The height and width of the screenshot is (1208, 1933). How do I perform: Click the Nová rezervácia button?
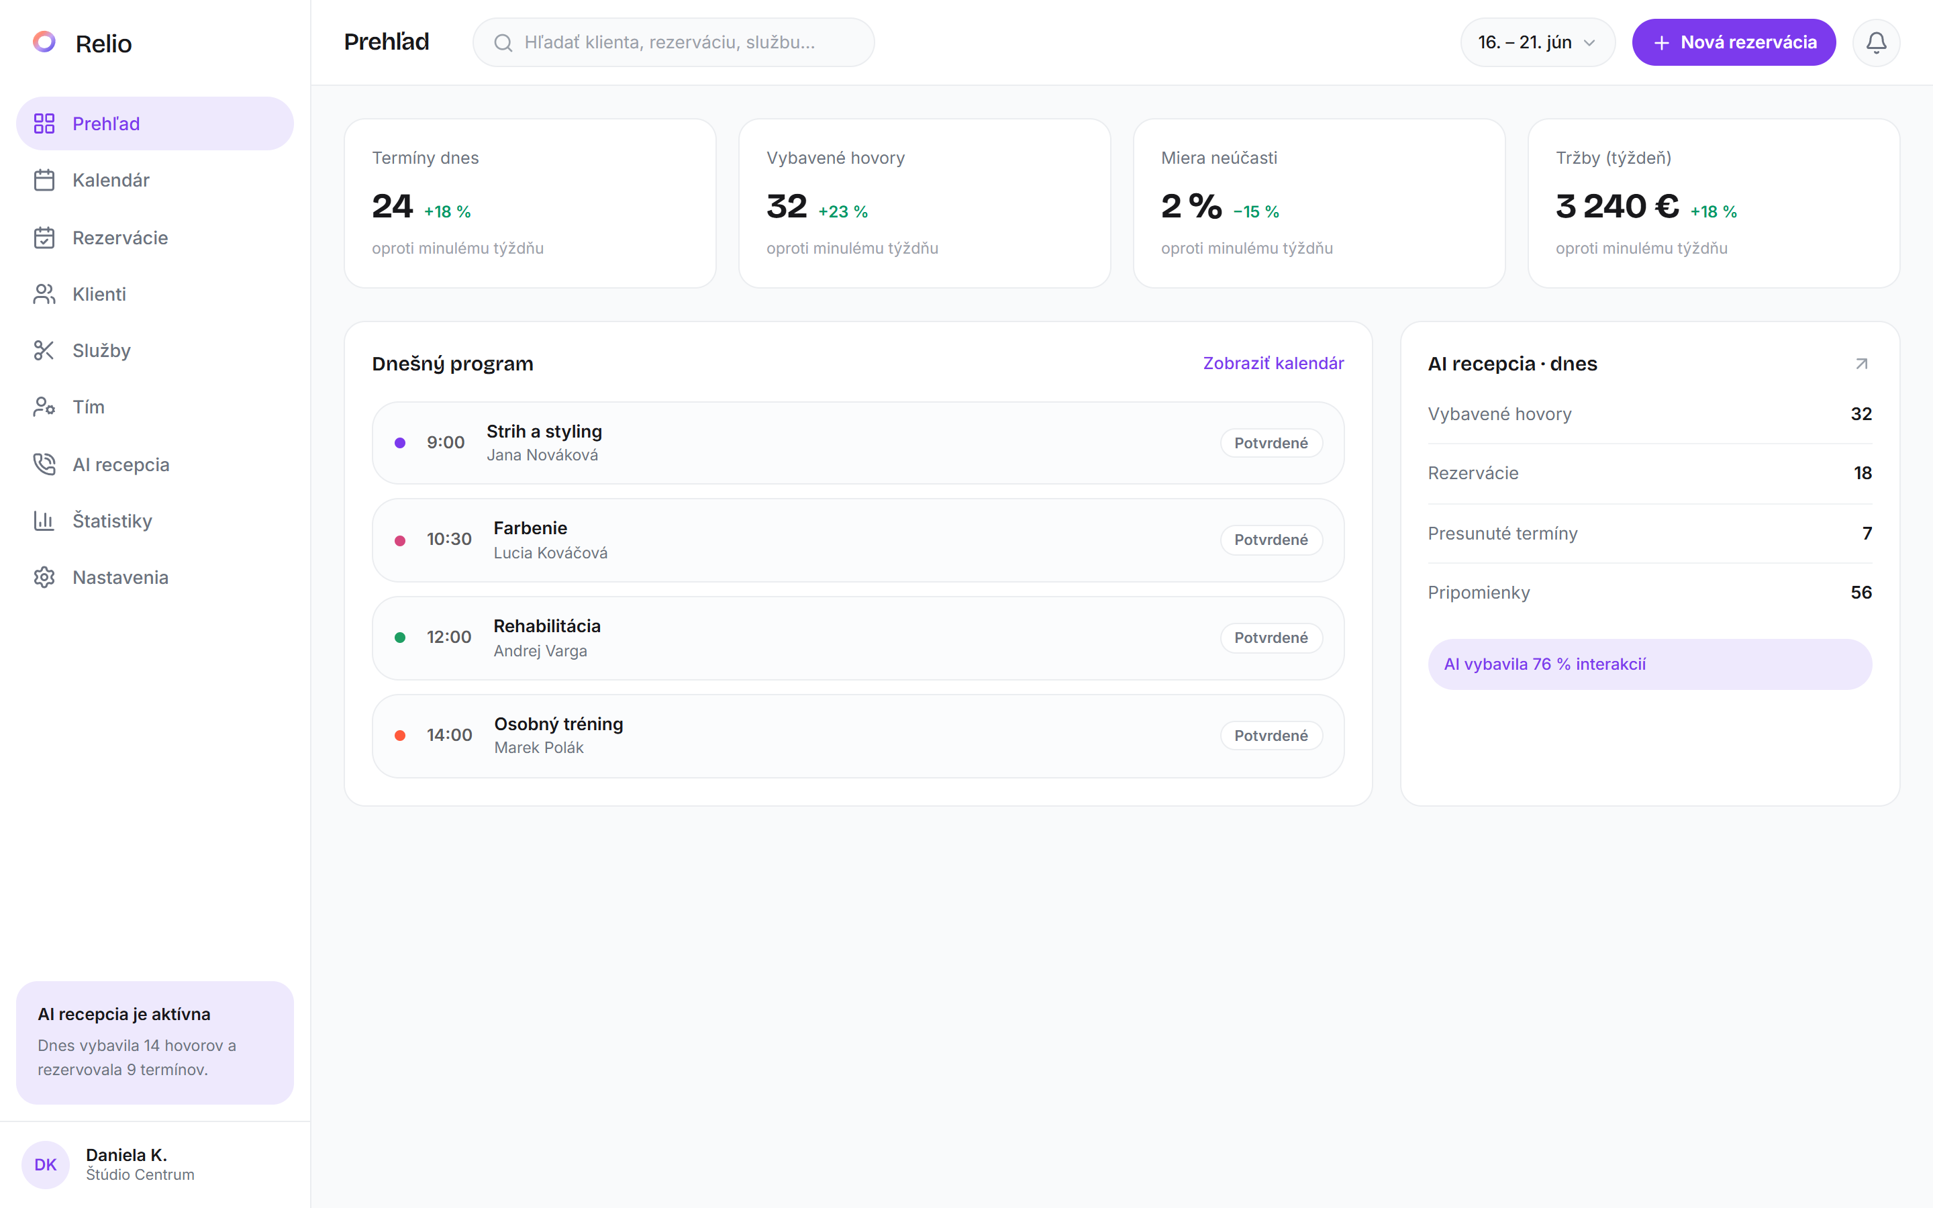[1733, 42]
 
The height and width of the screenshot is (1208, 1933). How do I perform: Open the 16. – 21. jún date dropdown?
[1538, 42]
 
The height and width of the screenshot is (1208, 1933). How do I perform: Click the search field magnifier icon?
[503, 43]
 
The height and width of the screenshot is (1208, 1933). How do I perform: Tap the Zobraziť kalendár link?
[1273, 364]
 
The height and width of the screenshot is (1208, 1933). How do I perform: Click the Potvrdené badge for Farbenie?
[1271, 540]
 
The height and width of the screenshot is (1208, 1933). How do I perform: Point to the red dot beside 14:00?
[400, 736]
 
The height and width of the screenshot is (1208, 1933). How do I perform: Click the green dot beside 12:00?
[400, 638]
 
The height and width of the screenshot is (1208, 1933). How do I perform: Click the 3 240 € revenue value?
[1617, 206]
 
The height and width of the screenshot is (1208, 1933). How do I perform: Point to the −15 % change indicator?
[1256, 211]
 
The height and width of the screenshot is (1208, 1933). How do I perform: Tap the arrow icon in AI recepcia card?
[1861, 364]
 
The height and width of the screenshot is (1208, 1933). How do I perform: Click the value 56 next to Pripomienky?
[1861, 593]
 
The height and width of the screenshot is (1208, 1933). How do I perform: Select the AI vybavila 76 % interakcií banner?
[1650, 664]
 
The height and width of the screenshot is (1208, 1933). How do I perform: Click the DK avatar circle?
[46, 1164]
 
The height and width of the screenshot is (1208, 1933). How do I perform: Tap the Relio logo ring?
[44, 42]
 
